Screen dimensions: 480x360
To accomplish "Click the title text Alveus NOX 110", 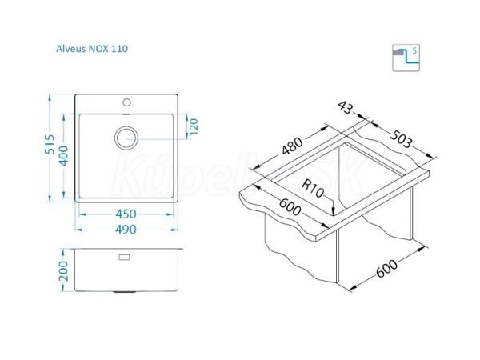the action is point(92,49).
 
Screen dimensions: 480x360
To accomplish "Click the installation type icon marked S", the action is point(406,58).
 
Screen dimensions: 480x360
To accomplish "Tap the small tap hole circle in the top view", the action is point(126,102).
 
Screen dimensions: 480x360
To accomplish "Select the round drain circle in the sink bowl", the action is point(126,138).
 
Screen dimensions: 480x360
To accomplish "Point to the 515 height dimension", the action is point(49,144).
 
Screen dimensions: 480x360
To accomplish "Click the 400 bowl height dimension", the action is point(63,156).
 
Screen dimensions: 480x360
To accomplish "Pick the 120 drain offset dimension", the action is point(194,126).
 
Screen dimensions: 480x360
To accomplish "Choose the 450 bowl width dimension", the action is point(126,214).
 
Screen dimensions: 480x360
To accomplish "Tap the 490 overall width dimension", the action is point(126,230).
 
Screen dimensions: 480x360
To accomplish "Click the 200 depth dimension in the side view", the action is point(63,270).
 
